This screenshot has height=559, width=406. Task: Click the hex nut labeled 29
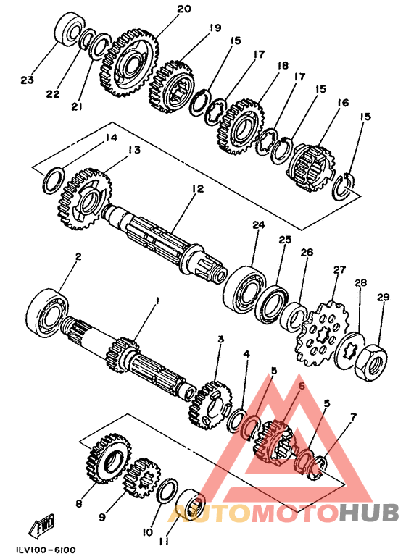[x=372, y=363]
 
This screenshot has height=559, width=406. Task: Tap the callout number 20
[x=184, y=9]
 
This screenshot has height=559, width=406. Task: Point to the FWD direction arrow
[x=43, y=525]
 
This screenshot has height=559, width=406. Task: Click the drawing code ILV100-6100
[x=46, y=550]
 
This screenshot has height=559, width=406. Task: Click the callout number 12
[x=197, y=188]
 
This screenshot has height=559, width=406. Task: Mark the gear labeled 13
[x=85, y=200]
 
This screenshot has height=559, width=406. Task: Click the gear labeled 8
[x=109, y=458]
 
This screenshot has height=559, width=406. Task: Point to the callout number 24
[x=259, y=225]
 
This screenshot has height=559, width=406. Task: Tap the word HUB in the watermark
[x=369, y=513]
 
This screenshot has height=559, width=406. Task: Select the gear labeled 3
[x=211, y=404]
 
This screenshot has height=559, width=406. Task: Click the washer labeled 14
[x=54, y=180]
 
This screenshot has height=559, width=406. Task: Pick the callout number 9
[x=102, y=516]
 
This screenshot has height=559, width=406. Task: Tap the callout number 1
[x=156, y=303]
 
